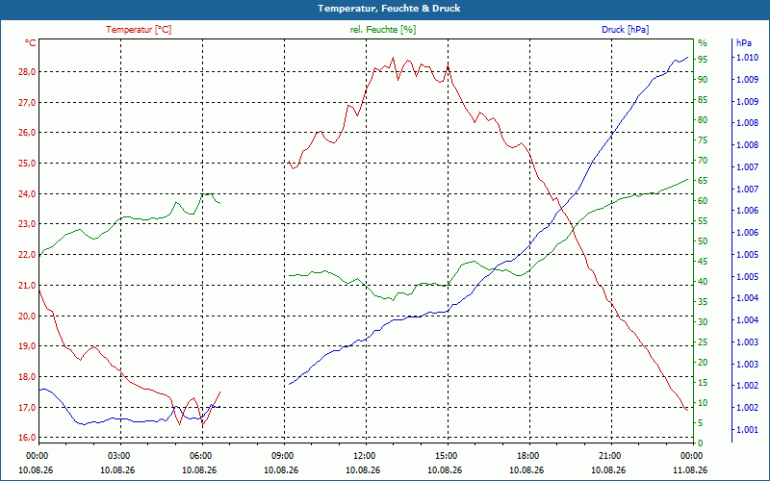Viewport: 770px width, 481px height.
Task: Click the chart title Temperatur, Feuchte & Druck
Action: (x=389, y=9)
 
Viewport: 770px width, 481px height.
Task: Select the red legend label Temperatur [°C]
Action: (x=139, y=30)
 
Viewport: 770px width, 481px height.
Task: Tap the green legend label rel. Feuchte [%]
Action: (x=382, y=30)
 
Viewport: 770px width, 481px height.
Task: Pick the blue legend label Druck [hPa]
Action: (x=625, y=30)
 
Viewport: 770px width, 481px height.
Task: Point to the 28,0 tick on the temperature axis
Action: (x=27, y=71)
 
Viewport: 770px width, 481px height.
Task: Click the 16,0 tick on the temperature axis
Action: (x=27, y=438)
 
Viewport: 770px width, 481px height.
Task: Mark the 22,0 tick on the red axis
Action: (x=27, y=255)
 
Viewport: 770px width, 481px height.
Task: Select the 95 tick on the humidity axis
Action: (x=703, y=59)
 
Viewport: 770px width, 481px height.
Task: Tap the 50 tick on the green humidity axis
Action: (x=703, y=241)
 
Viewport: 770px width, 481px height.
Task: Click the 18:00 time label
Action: (x=530, y=456)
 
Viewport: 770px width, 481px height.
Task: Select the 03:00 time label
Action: (x=121, y=456)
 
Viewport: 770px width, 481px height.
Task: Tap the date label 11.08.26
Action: (x=690, y=469)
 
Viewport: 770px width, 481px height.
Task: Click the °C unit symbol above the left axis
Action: (x=31, y=43)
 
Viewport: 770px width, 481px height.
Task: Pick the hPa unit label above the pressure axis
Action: (x=743, y=43)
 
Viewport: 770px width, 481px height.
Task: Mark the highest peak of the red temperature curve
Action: (x=393, y=57)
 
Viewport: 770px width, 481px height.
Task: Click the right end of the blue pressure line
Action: (x=687, y=57)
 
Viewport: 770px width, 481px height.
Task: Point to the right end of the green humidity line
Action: (x=687, y=179)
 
